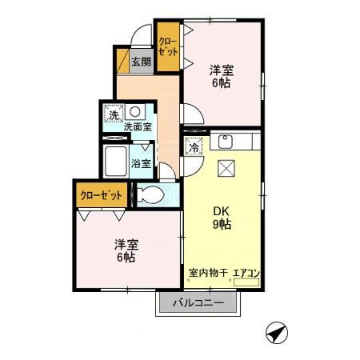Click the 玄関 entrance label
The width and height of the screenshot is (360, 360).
tap(141, 61)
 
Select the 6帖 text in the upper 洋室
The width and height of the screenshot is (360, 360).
tap(221, 82)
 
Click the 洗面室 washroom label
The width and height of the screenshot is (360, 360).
tap(137, 126)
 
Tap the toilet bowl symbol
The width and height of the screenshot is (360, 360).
tap(150, 194)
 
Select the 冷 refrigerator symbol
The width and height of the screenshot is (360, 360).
tap(194, 146)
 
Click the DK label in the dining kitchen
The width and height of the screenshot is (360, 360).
tap(222, 212)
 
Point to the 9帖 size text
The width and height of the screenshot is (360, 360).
tap(222, 226)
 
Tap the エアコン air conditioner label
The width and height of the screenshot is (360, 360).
tap(246, 274)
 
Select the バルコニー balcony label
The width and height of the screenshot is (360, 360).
tap(198, 303)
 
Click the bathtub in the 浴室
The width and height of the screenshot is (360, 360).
tap(117, 161)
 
